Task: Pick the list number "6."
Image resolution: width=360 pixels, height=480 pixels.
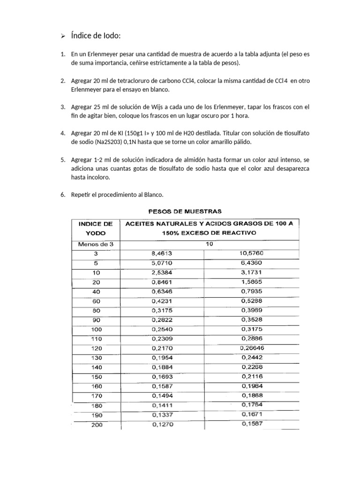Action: (x=63, y=195)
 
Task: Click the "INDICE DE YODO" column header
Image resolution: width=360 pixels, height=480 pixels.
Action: (x=96, y=228)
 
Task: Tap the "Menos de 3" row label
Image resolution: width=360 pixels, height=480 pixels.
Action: (x=96, y=244)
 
